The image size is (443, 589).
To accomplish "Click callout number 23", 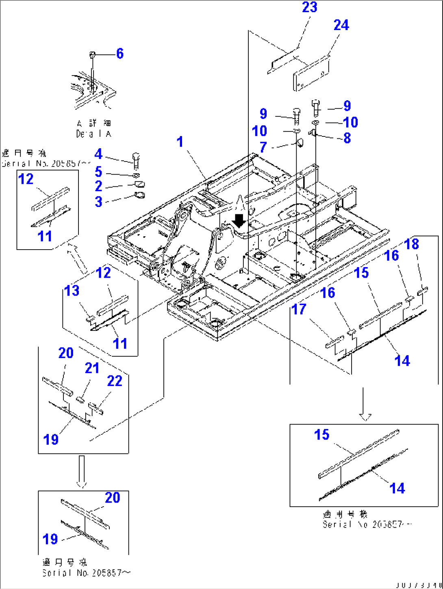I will (309, 8).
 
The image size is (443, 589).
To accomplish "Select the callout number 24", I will (341, 25).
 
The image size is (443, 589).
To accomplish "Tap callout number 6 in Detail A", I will (119, 54).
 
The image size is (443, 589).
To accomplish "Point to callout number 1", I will (180, 142).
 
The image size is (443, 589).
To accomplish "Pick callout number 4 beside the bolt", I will (98, 154).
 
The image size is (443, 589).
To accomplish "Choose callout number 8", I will (347, 138).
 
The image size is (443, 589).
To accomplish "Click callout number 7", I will (263, 147).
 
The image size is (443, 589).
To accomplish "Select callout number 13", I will (72, 291).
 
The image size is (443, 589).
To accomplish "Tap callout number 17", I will (299, 309).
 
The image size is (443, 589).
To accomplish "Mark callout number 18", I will (412, 244).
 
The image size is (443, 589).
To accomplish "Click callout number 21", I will (92, 368).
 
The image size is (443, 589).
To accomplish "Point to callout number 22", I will (115, 381).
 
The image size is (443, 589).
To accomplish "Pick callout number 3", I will (98, 201).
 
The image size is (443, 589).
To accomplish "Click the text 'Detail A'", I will (93, 134).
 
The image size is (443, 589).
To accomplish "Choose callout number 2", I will (98, 186).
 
